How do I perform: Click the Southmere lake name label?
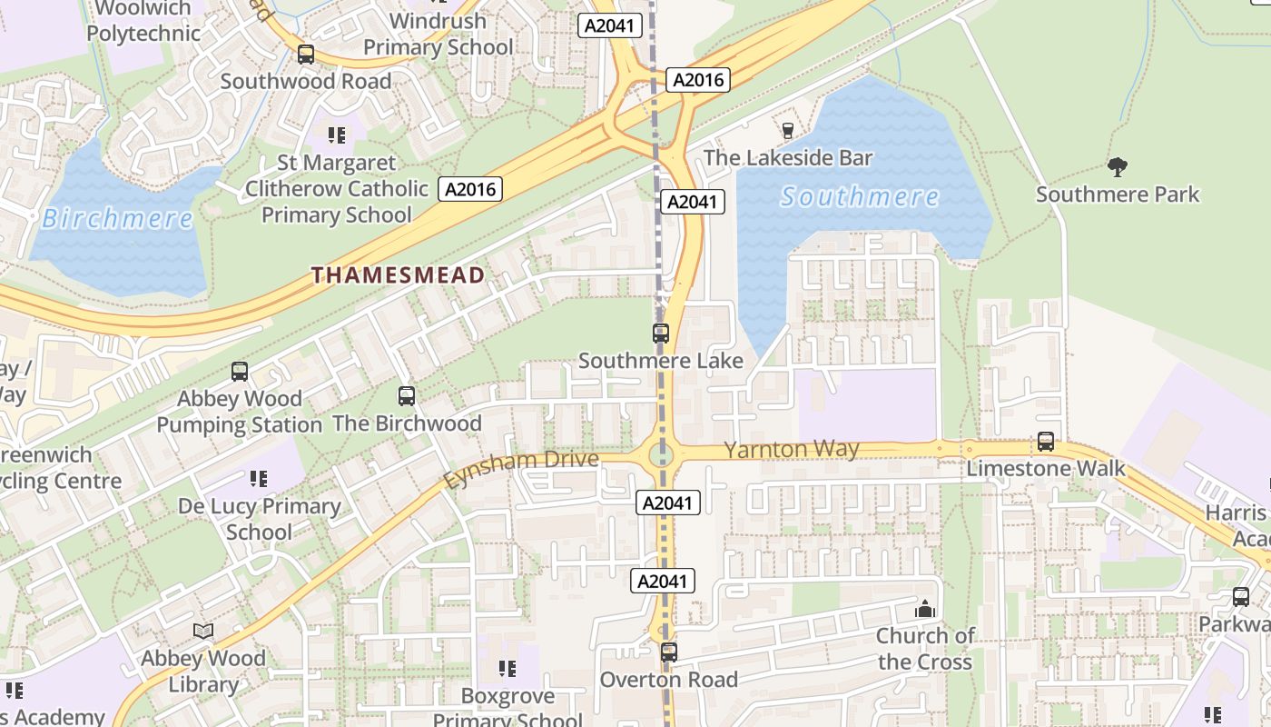coord(859,196)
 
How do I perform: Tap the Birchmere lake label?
coord(117,218)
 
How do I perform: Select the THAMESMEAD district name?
coord(398,274)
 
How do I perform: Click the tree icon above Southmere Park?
coord(1117,166)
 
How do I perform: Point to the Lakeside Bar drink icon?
coord(787,131)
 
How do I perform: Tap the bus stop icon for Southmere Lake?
coord(661,334)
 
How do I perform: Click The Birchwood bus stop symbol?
coord(407,396)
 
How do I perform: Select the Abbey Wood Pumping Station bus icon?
coord(240,372)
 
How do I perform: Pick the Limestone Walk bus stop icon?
coord(1046,443)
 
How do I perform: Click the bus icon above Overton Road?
coord(669,652)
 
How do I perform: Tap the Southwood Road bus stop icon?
coord(306,55)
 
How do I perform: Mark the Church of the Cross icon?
coord(925,609)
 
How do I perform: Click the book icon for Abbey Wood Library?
coord(203,631)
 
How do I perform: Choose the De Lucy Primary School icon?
coord(259,478)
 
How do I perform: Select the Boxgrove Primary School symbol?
coord(507,669)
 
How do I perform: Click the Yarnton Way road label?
coord(791,449)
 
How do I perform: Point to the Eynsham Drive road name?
coord(521,469)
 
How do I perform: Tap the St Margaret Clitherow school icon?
coord(337,135)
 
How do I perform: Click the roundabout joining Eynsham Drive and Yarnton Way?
coord(662,453)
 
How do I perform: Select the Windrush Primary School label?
coord(438,34)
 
